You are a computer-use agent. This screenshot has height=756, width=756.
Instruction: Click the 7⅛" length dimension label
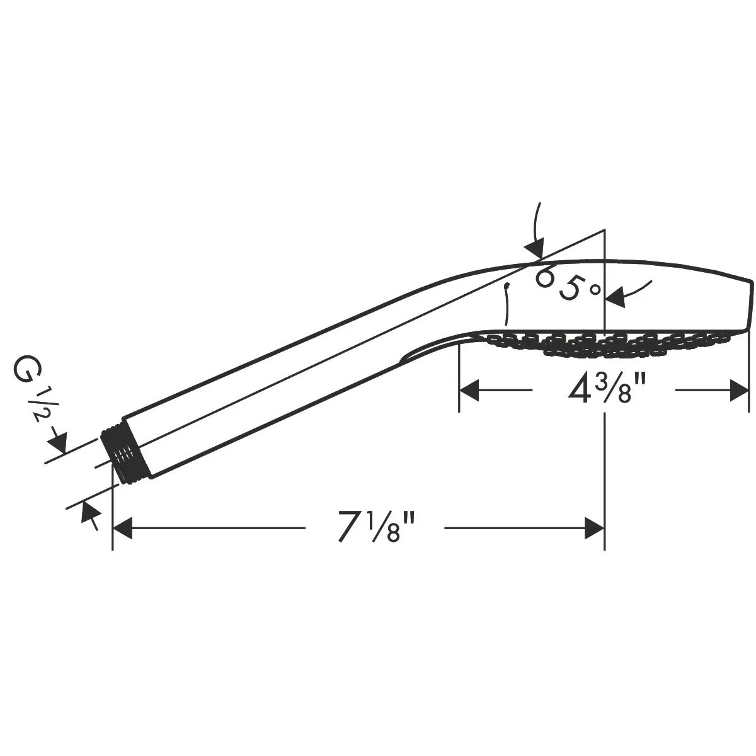pyautogui.click(x=376, y=527)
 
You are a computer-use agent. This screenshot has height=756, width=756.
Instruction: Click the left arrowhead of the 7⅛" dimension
pyautogui.click(x=122, y=528)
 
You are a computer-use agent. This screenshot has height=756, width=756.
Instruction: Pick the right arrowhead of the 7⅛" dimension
pyautogui.click(x=594, y=528)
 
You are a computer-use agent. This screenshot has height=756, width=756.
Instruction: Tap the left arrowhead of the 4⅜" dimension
pyautogui.click(x=469, y=390)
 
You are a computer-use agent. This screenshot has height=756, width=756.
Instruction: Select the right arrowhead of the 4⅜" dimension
pyautogui.click(x=739, y=390)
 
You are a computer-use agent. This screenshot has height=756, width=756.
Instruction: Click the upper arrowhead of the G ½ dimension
pyautogui.click(x=58, y=442)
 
